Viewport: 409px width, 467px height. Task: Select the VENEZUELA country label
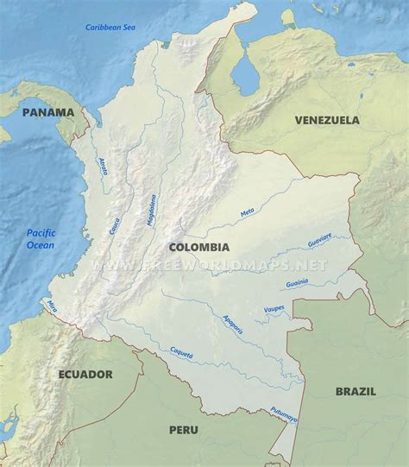327,120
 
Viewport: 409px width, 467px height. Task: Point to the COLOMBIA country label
199,222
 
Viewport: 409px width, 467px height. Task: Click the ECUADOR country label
85,374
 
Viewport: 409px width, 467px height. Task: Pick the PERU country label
183,429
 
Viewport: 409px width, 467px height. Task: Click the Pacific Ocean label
40,238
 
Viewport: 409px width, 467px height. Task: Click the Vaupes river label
274,308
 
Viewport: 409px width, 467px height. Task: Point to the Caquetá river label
182,353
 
